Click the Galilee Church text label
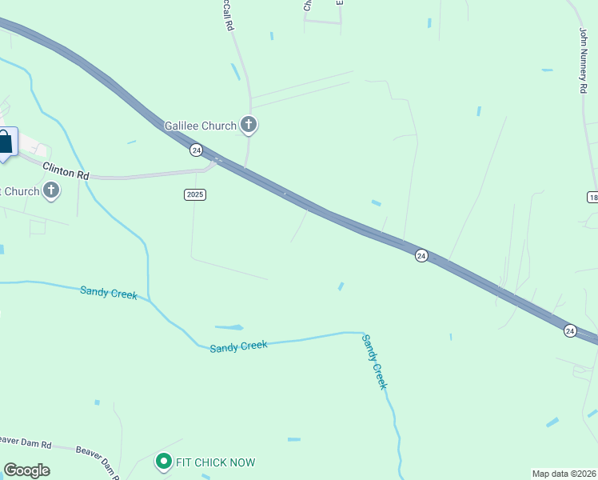(x=200, y=126)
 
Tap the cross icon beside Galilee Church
(x=249, y=125)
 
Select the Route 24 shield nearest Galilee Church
(x=196, y=150)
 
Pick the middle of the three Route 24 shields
(x=421, y=255)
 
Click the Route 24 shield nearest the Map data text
(x=570, y=330)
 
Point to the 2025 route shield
(x=195, y=194)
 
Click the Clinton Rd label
(x=66, y=172)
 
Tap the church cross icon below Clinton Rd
(x=51, y=190)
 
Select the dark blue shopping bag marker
(x=5, y=142)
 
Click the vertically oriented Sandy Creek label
(x=375, y=362)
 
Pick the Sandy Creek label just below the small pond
(x=238, y=346)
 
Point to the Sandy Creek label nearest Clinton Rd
(x=109, y=292)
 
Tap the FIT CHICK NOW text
(x=216, y=462)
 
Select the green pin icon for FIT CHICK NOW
(x=164, y=462)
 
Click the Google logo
(x=26, y=470)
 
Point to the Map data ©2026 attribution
(x=564, y=474)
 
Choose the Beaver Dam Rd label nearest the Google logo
(x=26, y=442)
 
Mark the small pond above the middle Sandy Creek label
(x=229, y=327)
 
